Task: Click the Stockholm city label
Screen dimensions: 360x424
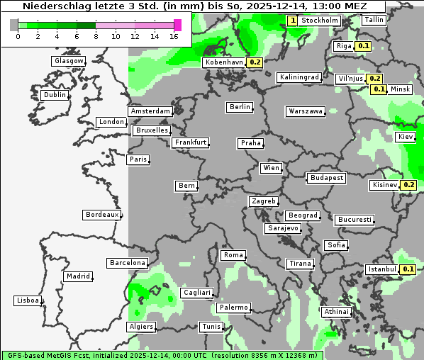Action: [x=319, y=21]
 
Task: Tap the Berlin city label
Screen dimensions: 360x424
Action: [x=240, y=107]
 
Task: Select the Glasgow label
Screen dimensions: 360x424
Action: [x=69, y=61]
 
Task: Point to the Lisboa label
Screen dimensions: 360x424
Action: [x=27, y=300]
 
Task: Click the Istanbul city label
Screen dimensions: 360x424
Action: [x=382, y=269]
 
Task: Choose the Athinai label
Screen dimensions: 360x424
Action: [x=336, y=312]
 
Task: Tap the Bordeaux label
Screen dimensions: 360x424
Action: [x=101, y=215]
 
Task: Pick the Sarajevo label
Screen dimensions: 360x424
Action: [x=283, y=229]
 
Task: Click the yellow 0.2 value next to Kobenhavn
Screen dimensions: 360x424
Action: [x=255, y=62]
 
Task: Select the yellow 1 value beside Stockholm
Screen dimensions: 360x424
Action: [x=292, y=21]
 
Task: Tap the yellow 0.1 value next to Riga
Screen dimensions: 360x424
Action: [x=364, y=46]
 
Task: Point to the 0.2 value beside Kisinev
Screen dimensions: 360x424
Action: [x=409, y=185]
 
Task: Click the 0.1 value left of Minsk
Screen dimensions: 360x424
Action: [x=379, y=89]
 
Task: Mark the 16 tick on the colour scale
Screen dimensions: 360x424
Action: [x=174, y=35]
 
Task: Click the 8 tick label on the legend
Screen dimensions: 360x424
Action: [x=96, y=35]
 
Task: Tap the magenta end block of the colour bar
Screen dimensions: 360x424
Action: [x=177, y=25]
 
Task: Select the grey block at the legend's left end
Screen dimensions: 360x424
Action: [x=14, y=25]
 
